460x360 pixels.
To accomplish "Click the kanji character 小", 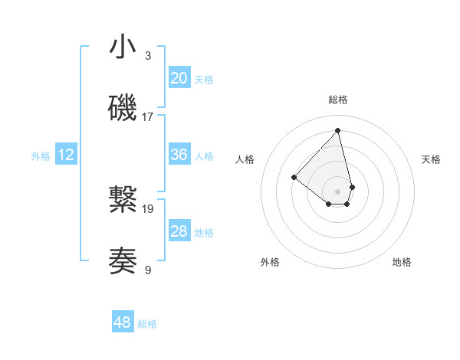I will tap(123, 47).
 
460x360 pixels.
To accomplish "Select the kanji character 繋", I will tap(123, 201).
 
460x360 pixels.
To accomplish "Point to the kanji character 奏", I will tap(123, 261).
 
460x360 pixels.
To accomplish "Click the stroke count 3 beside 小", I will tap(148, 55).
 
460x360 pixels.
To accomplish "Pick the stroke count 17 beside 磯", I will tap(148, 116).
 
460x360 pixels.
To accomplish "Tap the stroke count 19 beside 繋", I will tap(148, 208).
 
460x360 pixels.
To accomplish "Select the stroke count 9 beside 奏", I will tap(148, 269).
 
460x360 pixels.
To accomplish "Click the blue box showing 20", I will tap(179, 78).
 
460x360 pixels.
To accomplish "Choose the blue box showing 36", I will tap(179, 155).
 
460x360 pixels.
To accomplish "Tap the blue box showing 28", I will tap(179, 231).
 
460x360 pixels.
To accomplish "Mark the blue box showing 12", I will tap(66, 155).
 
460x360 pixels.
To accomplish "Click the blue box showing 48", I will tap(123, 323).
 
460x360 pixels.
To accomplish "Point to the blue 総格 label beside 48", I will tap(147, 324).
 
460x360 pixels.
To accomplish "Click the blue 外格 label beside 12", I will tap(41, 155).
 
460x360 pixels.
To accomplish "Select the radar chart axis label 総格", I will tap(338, 100).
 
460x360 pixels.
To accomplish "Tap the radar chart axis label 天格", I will tap(432, 159).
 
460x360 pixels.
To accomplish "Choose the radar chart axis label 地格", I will tap(402, 262).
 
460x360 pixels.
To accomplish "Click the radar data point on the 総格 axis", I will tap(338, 131).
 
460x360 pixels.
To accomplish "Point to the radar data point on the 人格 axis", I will tap(294, 178).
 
